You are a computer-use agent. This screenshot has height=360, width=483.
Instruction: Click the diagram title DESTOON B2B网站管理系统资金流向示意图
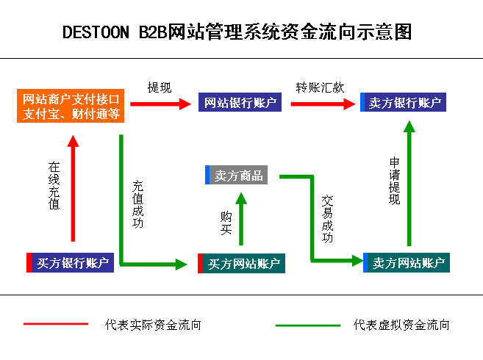[237, 32]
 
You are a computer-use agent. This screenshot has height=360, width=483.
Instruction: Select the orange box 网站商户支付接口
[71, 106]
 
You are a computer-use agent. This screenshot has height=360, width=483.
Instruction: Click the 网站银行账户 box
[240, 103]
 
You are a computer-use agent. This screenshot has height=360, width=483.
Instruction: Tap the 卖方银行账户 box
[404, 103]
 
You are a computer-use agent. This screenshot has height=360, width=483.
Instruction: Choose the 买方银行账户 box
[71, 263]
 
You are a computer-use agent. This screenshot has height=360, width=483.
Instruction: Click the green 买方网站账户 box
[242, 263]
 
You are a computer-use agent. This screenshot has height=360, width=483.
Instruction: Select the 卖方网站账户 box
[406, 262]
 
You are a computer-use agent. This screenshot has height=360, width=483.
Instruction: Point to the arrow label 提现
[160, 87]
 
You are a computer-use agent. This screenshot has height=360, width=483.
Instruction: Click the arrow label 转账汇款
[320, 87]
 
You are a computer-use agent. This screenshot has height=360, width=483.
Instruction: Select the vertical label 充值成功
[137, 204]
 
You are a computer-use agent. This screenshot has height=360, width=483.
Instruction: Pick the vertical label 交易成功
[327, 218]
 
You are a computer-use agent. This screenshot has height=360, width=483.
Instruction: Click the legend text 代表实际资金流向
[153, 324]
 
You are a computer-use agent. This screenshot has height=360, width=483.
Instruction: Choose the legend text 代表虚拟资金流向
[401, 324]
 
